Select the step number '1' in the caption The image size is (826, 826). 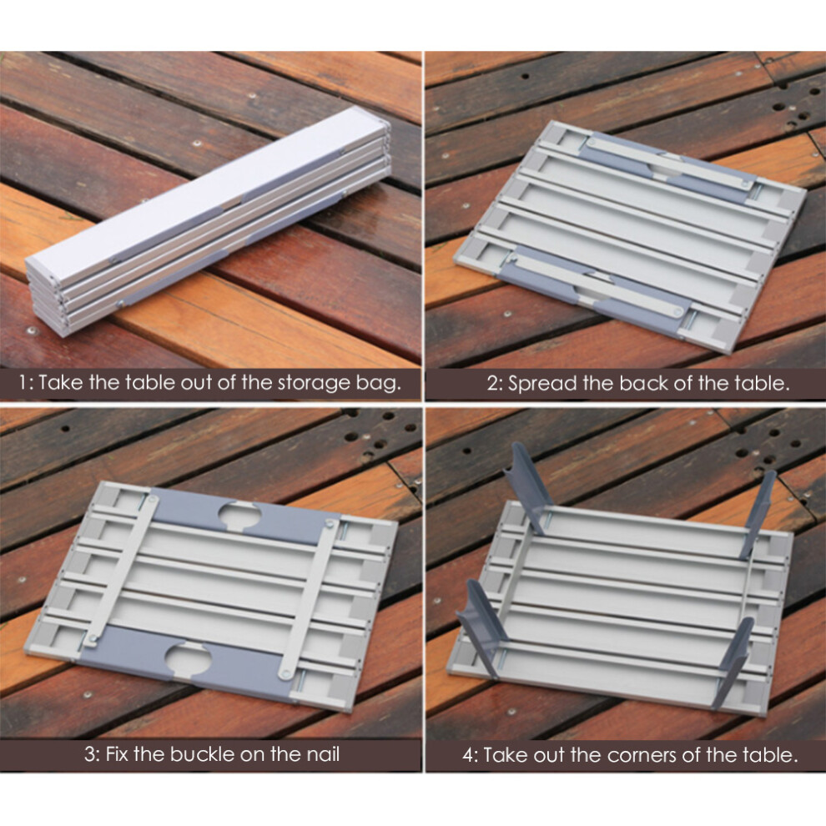[x=23, y=383]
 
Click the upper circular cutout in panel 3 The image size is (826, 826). [x=239, y=515]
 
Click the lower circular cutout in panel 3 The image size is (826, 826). [x=188, y=658]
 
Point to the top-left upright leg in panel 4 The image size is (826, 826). [x=527, y=486]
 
